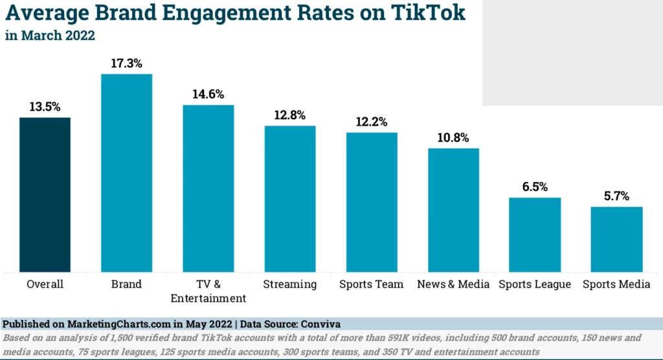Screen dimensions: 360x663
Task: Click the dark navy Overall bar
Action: pyautogui.click(x=45, y=194)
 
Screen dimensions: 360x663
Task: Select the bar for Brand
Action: pyautogui.click(x=126, y=173)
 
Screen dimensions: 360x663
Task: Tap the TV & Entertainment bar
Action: pyautogui.click(x=208, y=188)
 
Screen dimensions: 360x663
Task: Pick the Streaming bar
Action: pyautogui.click(x=290, y=198)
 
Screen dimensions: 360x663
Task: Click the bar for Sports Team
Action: pyautogui.click(x=372, y=202)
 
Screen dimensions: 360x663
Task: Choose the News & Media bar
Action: pyautogui.click(x=453, y=210)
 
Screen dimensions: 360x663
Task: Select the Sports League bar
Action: pyautogui.click(x=535, y=234)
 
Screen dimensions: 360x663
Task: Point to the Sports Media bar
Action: pyautogui.click(x=616, y=239)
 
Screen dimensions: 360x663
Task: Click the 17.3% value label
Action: pyautogui.click(x=126, y=63)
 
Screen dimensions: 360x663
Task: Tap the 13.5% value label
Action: pyautogui.click(x=45, y=107)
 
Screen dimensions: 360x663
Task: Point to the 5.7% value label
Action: pyautogui.click(x=616, y=196)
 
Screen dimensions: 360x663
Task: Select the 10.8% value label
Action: pyautogui.click(x=453, y=138)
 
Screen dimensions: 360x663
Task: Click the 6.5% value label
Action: pyautogui.click(x=535, y=187)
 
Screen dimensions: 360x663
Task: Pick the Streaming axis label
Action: pyautogui.click(x=290, y=284)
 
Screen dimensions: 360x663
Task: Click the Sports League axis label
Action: pyautogui.click(x=535, y=284)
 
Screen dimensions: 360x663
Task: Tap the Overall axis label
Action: pyautogui.click(x=45, y=284)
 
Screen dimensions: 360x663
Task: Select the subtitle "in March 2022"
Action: pyautogui.click(x=50, y=36)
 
